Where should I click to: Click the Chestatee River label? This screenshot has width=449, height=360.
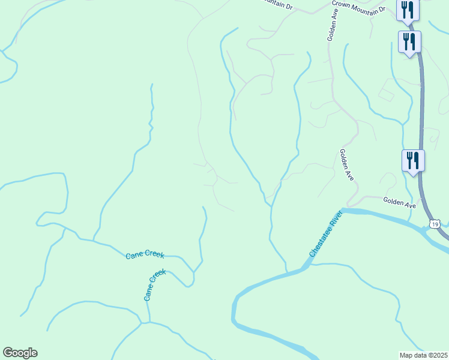(x=325, y=235)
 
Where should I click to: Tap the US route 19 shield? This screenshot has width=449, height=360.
(x=435, y=224)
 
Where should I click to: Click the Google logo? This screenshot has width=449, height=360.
(x=20, y=353)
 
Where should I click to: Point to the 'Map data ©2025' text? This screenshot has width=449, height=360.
(x=424, y=355)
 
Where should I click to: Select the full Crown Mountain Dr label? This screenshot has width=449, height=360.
(x=358, y=6)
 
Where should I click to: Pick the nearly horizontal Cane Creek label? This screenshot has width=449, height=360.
(x=145, y=255)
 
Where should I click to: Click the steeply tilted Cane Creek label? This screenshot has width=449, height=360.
(x=154, y=285)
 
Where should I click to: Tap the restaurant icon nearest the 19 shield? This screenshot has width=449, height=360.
(x=413, y=160)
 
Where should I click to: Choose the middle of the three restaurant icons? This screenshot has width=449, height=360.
(x=409, y=41)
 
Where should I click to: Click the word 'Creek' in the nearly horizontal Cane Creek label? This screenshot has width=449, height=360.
(x=154, y=256)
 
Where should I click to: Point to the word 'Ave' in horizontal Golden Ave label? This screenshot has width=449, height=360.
(x=409, y=205)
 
